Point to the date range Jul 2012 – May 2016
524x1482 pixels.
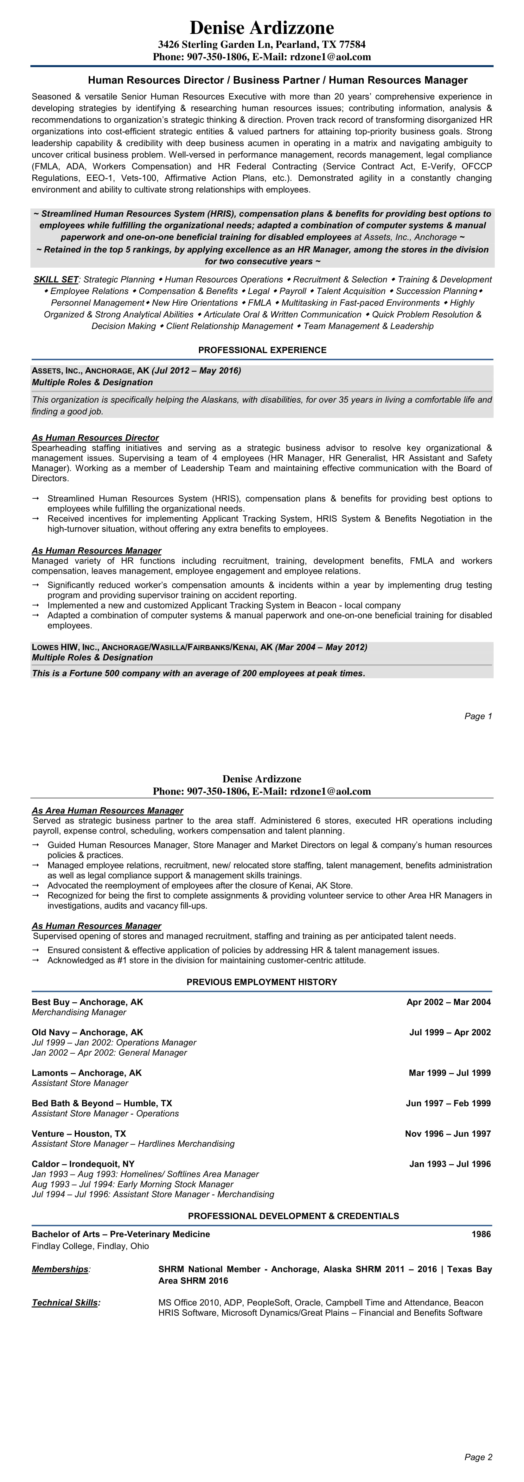(196, 371)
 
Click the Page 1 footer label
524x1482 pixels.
(478, 716)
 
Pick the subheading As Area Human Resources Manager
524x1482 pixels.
(108, 811)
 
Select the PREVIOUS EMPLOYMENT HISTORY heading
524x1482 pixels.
(262, 982)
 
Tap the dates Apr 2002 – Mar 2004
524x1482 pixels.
(449, 1002)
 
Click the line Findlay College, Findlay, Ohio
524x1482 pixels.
(90, 1246)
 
